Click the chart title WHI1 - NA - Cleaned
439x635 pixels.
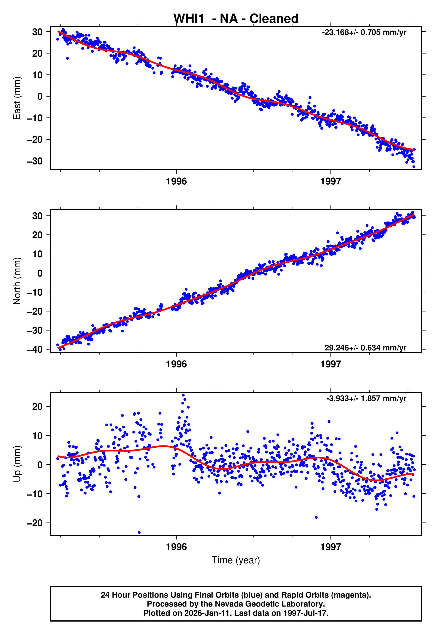click(x=236, y=19)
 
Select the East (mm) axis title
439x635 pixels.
click(x=17, y=98)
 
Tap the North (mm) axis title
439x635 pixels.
click(x=17, y=281)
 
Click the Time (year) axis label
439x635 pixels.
click(x=236, y=560)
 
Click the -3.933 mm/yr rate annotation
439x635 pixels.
click(x=366, y=398)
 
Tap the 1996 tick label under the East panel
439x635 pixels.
click(x=176, y=181)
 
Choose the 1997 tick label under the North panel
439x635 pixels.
click(x=331, y=364)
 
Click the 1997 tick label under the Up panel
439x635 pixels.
click(x=331, y=547)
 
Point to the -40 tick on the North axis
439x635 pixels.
click(x=35, y=350)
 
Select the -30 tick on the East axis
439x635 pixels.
click(x=35, y=161)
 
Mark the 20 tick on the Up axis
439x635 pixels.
click(x=37, y=406)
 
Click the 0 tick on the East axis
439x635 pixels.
click(x=40, y=96)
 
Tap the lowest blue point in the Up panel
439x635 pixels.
click(x=139, y=533)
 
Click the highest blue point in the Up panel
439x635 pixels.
click(x=183, y=395)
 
